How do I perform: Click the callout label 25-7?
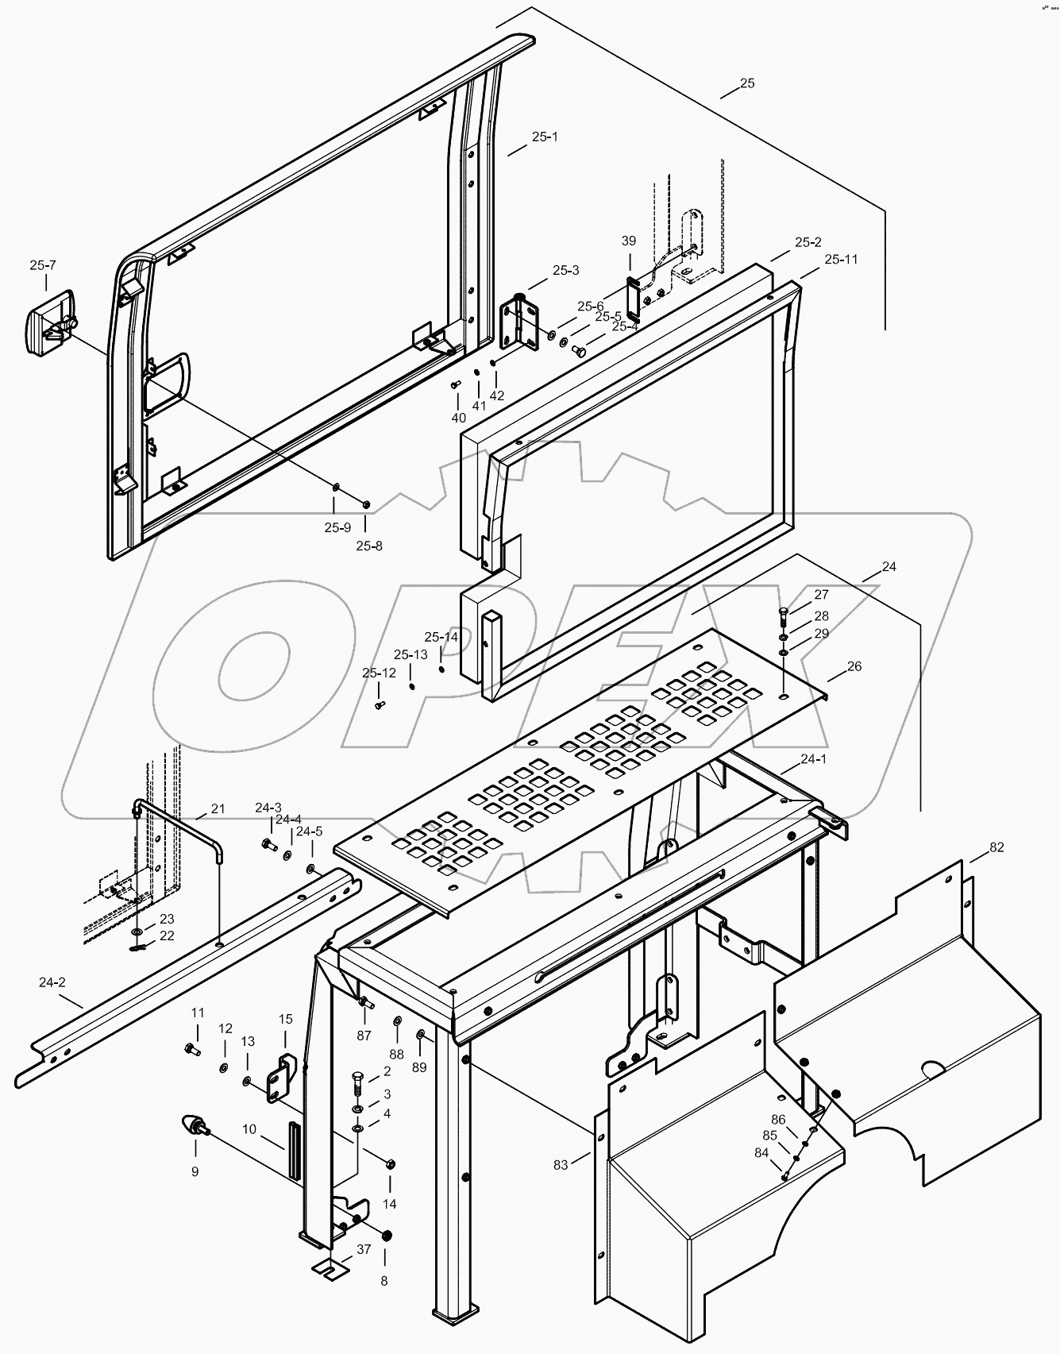(43, 265)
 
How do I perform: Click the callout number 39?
(628, 241)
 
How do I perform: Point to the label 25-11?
(840, 260)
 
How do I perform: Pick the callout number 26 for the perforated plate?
(854, 666)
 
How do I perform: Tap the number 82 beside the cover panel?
(996, 847)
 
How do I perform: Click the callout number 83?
(561, 1164)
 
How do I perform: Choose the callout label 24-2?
(52, 982)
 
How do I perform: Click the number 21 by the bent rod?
(218, 809)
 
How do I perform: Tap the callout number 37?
(363, 1249)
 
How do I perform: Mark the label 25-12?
(379, 673)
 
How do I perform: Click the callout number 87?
(364, 1036)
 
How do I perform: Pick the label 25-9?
(337, 527)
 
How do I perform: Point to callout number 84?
(761, 1152)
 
